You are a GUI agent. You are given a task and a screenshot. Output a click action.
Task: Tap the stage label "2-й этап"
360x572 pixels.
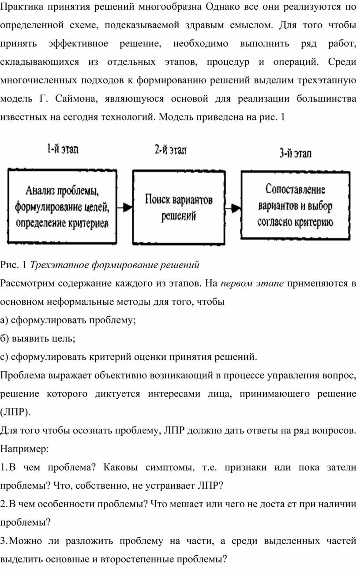tap(170, 150)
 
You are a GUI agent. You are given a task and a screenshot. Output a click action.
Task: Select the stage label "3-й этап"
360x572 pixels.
tap(295, 153)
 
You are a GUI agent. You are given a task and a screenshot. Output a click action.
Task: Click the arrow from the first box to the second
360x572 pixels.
tap(125, 207)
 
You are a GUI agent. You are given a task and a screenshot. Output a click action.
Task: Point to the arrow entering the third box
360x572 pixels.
tap(233, 208)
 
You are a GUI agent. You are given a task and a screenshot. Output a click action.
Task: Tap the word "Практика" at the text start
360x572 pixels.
tap(22, 7)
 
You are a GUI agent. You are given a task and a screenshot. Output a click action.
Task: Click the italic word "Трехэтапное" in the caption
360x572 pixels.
tap(59, 265)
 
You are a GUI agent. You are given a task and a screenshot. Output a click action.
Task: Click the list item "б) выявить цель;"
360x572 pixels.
tap(37, 339)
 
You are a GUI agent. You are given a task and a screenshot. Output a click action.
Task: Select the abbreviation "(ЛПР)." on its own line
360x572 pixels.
tap(15, 412)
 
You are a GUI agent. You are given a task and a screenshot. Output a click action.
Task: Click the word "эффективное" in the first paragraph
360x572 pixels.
tap(78, 44)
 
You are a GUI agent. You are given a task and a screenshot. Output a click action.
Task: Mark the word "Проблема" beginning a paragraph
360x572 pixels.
tap(22, 375)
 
